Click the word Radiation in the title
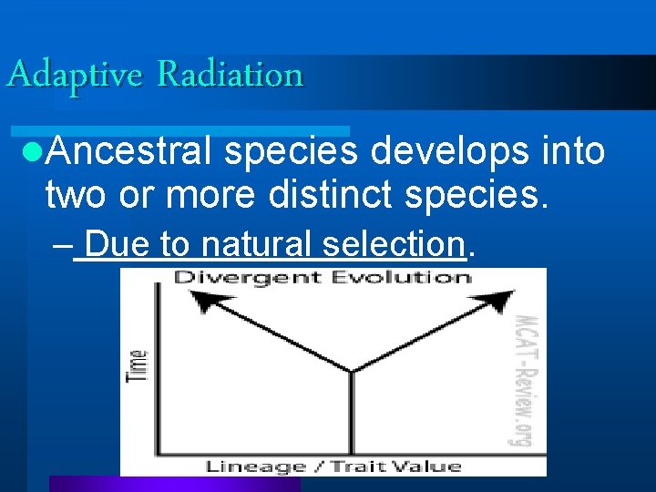230,74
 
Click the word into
571,152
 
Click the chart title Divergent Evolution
322,278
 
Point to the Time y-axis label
138,365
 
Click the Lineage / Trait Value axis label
333,466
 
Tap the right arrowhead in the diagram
502,298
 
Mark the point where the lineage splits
351,371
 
